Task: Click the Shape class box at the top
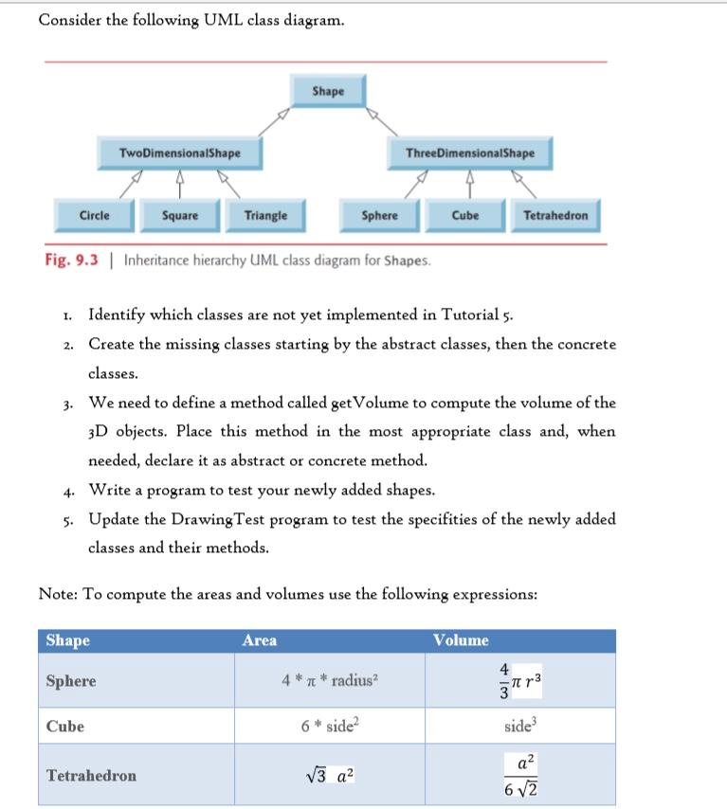[x=328, y=91]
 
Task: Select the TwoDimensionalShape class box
[x=179, y=153]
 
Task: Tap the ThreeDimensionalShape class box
[x=469, y=153]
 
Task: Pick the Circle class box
[x=94, y=215]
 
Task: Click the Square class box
[x=180, y=215]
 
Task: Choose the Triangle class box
[x=265, y=215]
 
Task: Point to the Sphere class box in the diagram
[x=379, y=215]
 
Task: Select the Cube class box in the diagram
[x=464, y=215]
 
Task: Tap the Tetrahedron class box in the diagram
[x=555, y=215]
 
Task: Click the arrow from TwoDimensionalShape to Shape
[x=271, y=120]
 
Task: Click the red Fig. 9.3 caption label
[x=71, y=260]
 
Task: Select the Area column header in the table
[x=260, y=641]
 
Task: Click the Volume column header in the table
[x=461, y=641]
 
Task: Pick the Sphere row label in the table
[x=71, y=681]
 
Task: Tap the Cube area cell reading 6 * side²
[x=329, y=727]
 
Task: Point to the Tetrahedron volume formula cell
[x=521, y=776]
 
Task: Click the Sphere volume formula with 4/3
[x=521, y=681]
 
